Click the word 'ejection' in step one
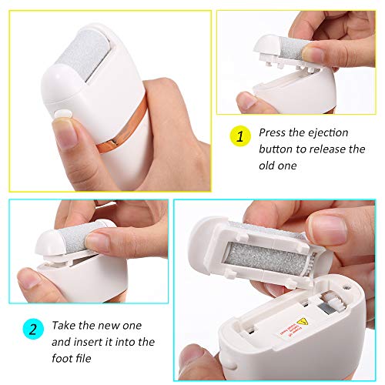point(330,132)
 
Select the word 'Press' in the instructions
point(274,132)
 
